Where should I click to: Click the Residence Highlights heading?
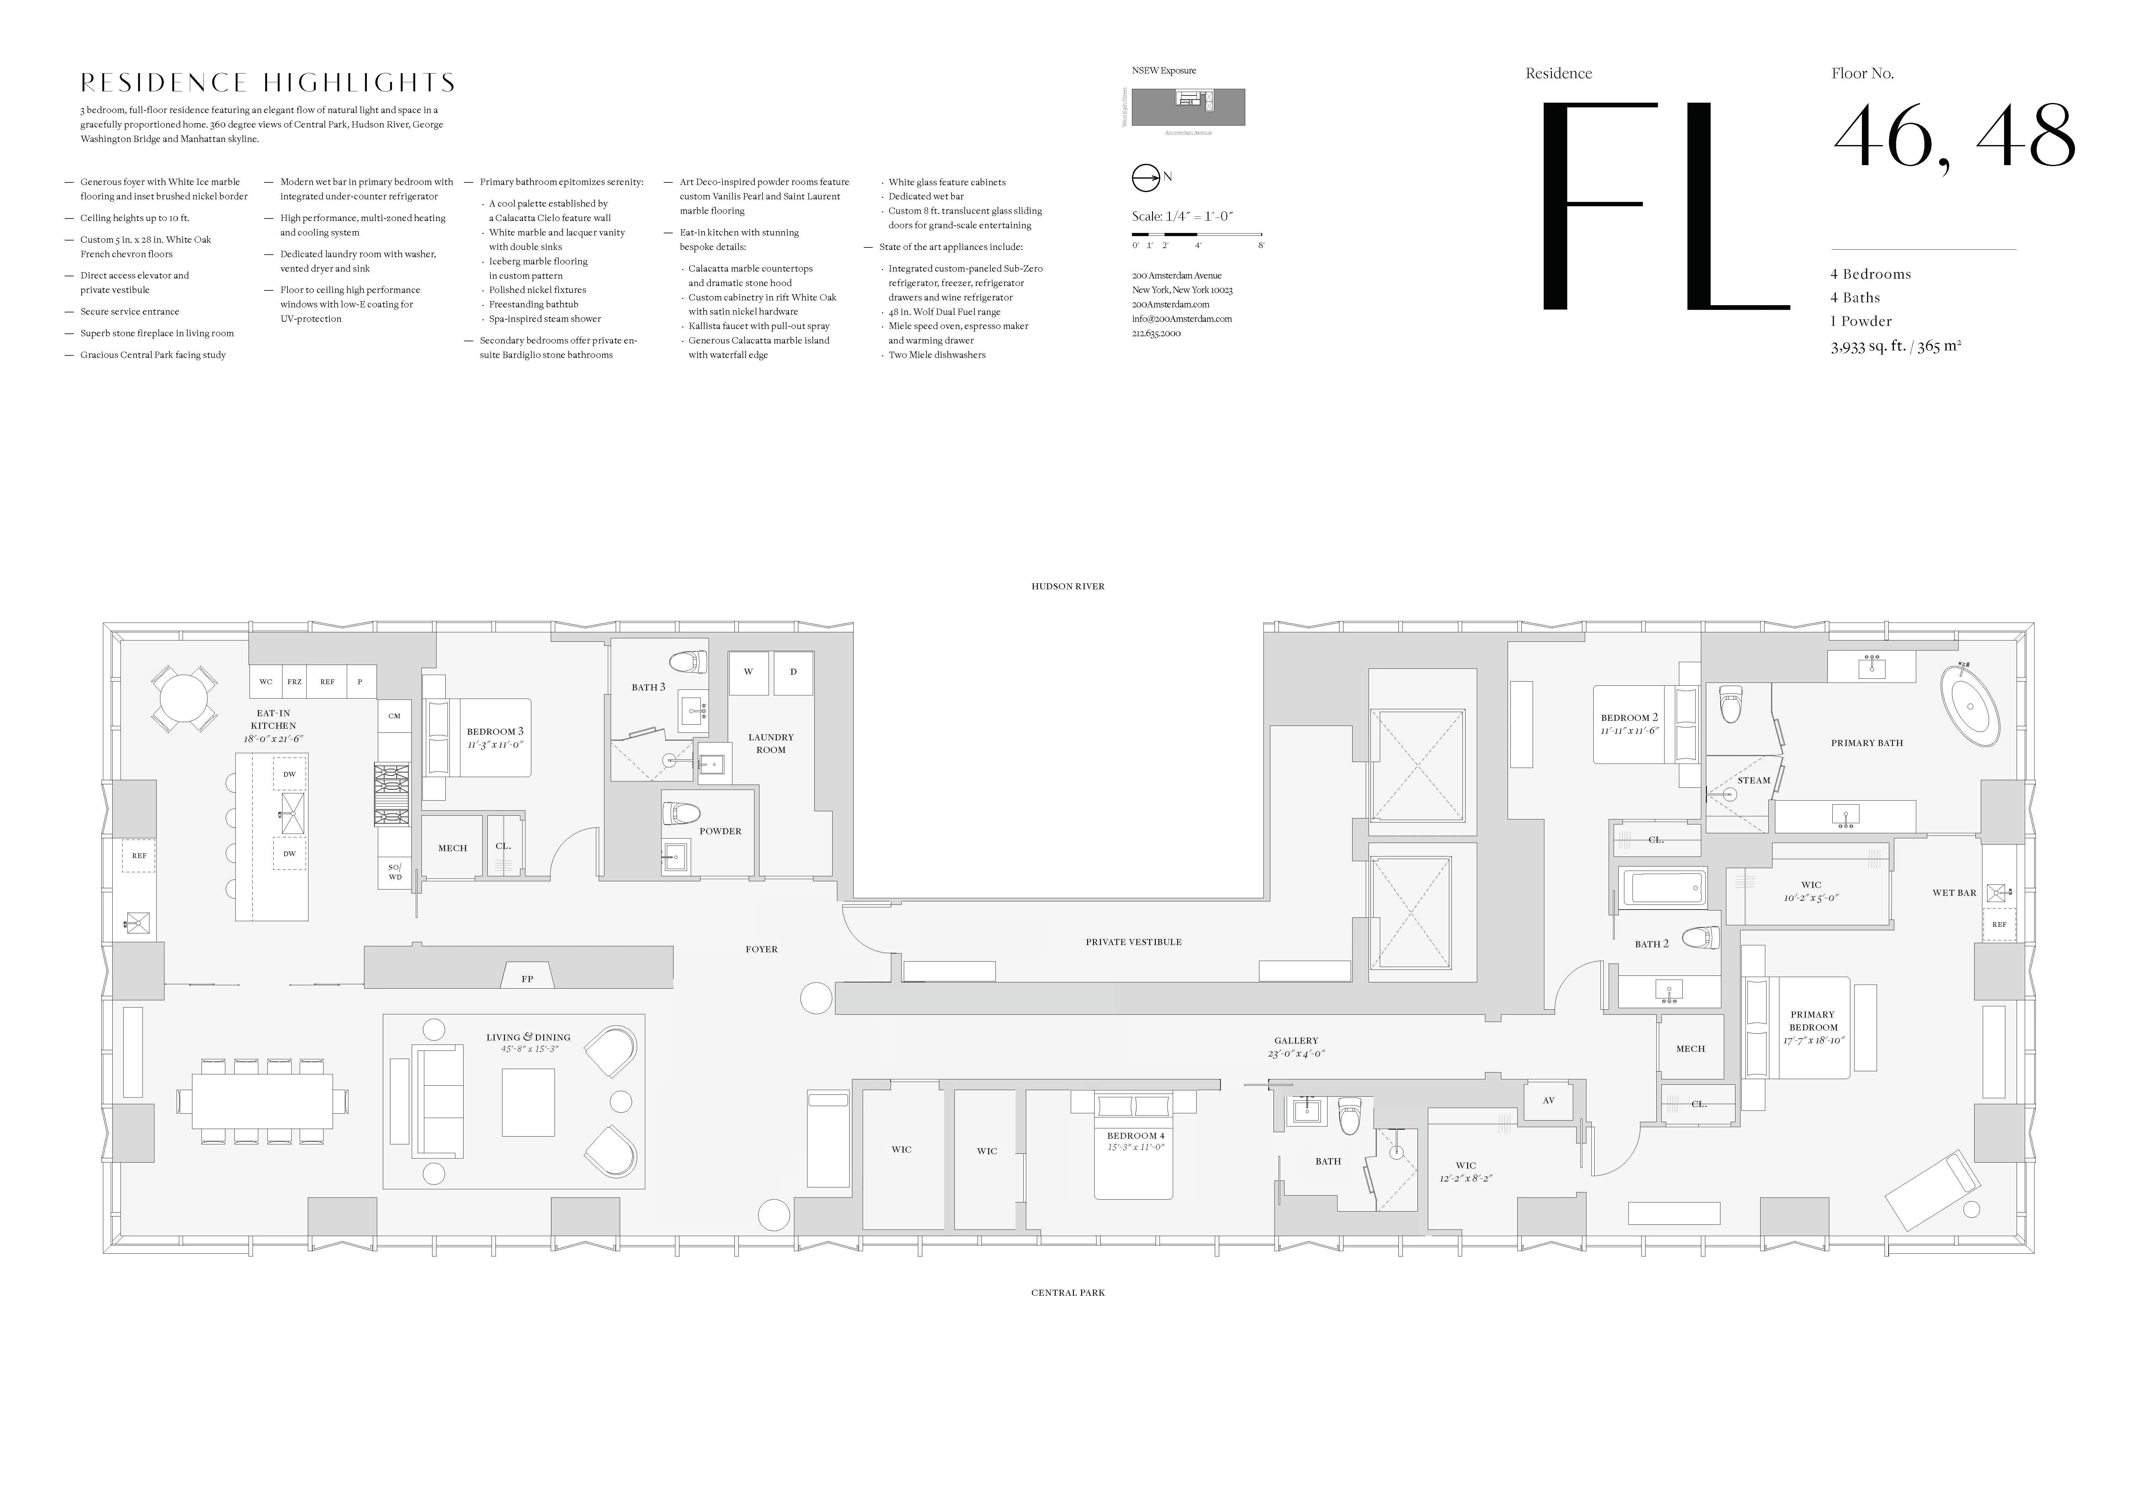268,83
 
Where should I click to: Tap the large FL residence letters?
1664,206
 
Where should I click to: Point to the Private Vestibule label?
1133,942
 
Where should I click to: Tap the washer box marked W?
748,672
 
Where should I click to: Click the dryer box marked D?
793,672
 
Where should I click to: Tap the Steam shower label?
1754,780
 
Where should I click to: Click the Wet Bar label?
1954,893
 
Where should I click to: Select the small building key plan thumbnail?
1187,107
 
